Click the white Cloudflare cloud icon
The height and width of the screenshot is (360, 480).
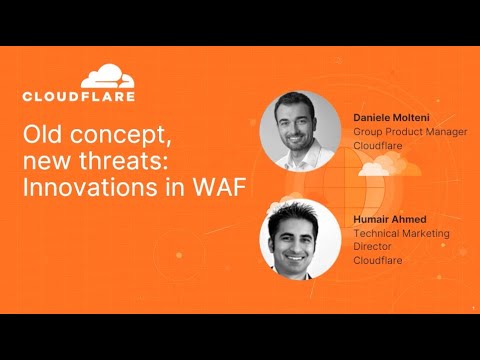point(106,76)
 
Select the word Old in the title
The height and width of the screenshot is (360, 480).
point(43,135)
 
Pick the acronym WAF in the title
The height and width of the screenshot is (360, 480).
point(220,188)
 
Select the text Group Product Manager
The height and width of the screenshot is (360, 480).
point(410,131)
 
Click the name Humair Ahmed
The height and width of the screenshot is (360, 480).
point(390,220)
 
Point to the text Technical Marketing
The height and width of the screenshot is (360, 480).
point(401,233)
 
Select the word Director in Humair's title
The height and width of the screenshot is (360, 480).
point(375,246)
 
